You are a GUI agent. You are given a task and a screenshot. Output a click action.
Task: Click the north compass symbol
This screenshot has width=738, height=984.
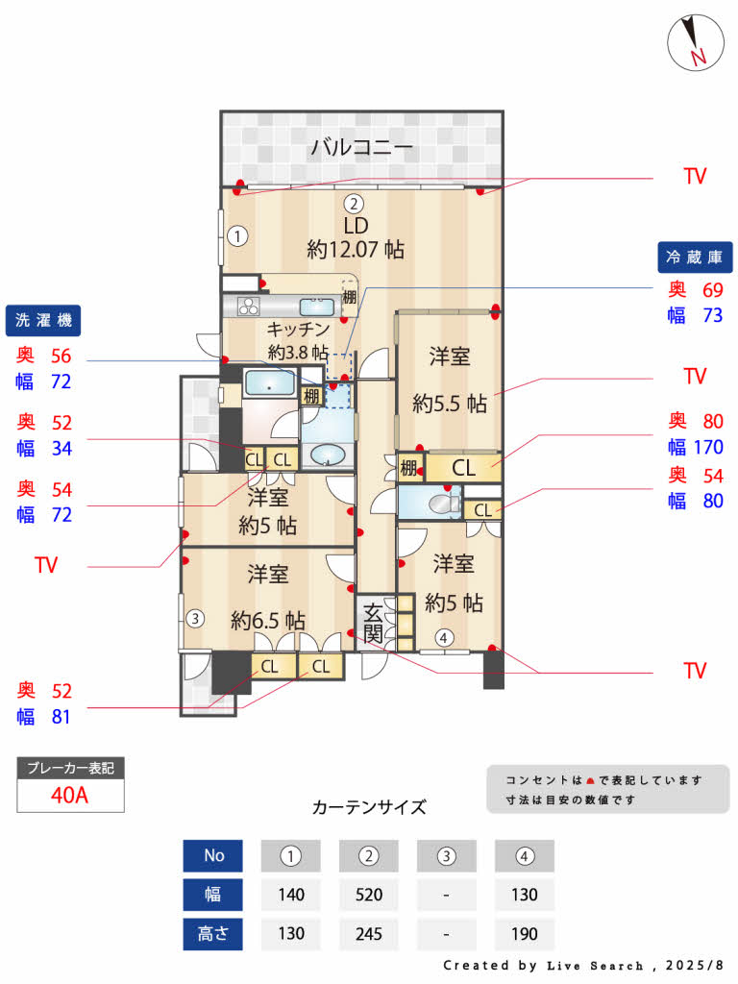coord(694,44)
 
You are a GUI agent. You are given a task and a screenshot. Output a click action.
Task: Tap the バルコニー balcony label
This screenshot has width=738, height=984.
coord(361,148)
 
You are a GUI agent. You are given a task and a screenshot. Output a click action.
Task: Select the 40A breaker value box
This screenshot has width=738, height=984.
coord(70,796)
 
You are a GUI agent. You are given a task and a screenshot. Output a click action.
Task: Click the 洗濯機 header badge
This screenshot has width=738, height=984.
coord(43,319)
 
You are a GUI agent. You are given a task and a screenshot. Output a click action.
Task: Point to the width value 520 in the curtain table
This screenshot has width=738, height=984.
coord(369,895)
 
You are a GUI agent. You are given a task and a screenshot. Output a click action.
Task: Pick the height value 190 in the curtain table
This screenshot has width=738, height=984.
coord(524,933)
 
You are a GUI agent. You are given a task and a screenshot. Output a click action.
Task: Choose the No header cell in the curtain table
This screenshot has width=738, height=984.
coord(213,855)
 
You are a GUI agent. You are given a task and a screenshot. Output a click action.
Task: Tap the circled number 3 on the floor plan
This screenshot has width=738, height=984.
coord(194,618)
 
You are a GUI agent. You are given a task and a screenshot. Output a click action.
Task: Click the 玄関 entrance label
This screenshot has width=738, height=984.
coord(374,622)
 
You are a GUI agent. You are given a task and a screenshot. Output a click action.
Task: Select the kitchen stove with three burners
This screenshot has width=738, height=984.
coord(249,307)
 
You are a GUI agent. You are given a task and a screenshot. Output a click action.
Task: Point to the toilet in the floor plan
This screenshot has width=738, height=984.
coord(440,503)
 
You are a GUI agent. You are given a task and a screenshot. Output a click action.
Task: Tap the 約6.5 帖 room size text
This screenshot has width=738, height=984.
coord(268,621)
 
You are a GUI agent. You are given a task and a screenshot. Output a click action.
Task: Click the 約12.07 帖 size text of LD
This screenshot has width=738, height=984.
coord(356,250)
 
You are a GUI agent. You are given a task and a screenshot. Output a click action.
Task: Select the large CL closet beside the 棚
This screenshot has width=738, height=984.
coord(463,469)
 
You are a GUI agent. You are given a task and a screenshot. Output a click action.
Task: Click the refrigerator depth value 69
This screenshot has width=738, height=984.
coord(711,289)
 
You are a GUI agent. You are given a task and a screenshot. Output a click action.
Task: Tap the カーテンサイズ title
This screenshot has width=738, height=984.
coord(369,806)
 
